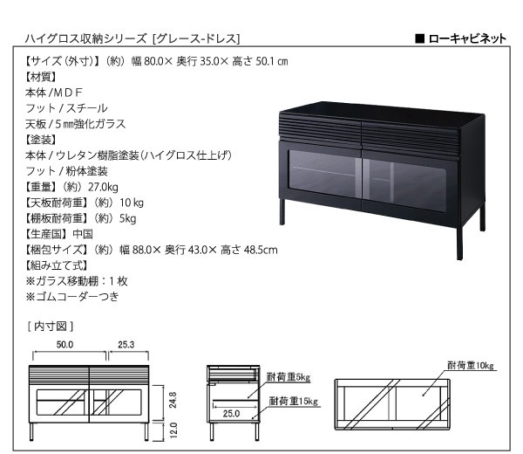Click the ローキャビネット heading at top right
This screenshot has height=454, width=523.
pyautogui.click(x=467, y=38)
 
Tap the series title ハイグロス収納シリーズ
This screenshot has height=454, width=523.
pyautogui.click(x=85, y=38)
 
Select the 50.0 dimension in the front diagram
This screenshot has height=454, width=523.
pyautogui.click(x=65, y=344)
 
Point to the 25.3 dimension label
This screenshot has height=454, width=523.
pyautogui.click(x=126, y=344)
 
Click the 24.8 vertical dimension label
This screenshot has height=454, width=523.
pyautogui.click(x=173, y=400)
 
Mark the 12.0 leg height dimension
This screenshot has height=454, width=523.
pyautogui.click(x=173, y=430)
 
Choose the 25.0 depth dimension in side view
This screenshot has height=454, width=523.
pyautogui.click(x=231, y=414)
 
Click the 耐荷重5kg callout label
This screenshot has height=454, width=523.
pyautogui.click(x=289, y=377)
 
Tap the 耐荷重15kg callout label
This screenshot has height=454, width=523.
pyautogui.click(x=294, y=401)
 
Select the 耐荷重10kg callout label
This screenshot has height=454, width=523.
pyautogui.click(x=471, y=366)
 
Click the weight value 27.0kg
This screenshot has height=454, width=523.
pyautogui.click(x=103, y=187)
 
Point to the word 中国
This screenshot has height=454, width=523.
pyautogui.click(x=83, y=234)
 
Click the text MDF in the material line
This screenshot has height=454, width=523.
pyautogui.click(x=68, y=93)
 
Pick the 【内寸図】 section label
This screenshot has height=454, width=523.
pyautogui.click(x=51, y=327)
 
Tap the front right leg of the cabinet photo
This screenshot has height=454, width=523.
pyautogui.click(x=459, y=244)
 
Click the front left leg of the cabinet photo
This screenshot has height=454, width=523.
pyautogui.click(x=282, y=211)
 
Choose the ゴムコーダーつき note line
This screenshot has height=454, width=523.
pyautogui.click(x=72, y=297)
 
